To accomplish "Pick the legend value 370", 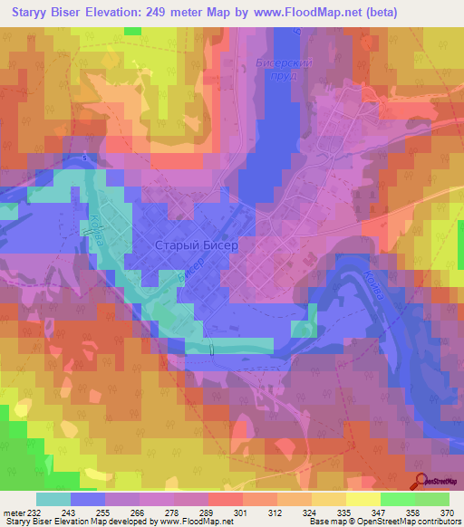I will [448, 512].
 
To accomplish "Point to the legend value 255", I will [104, 512].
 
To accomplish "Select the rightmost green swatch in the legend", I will [431, 499].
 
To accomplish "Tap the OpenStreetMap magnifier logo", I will [420, 484].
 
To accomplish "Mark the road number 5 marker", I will [83, 158].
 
